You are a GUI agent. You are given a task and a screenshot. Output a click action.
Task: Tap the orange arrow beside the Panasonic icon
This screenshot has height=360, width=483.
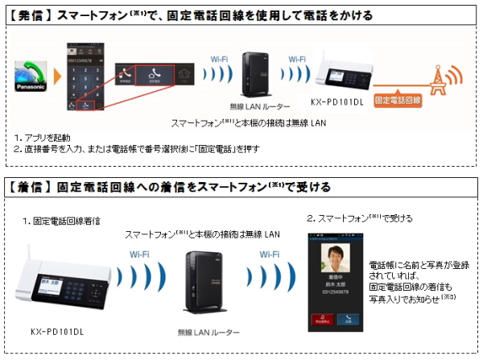56,78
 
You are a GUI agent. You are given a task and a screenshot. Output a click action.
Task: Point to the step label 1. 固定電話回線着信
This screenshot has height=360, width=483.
62,220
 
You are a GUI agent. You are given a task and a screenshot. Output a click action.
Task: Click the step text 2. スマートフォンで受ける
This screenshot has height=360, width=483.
357,217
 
